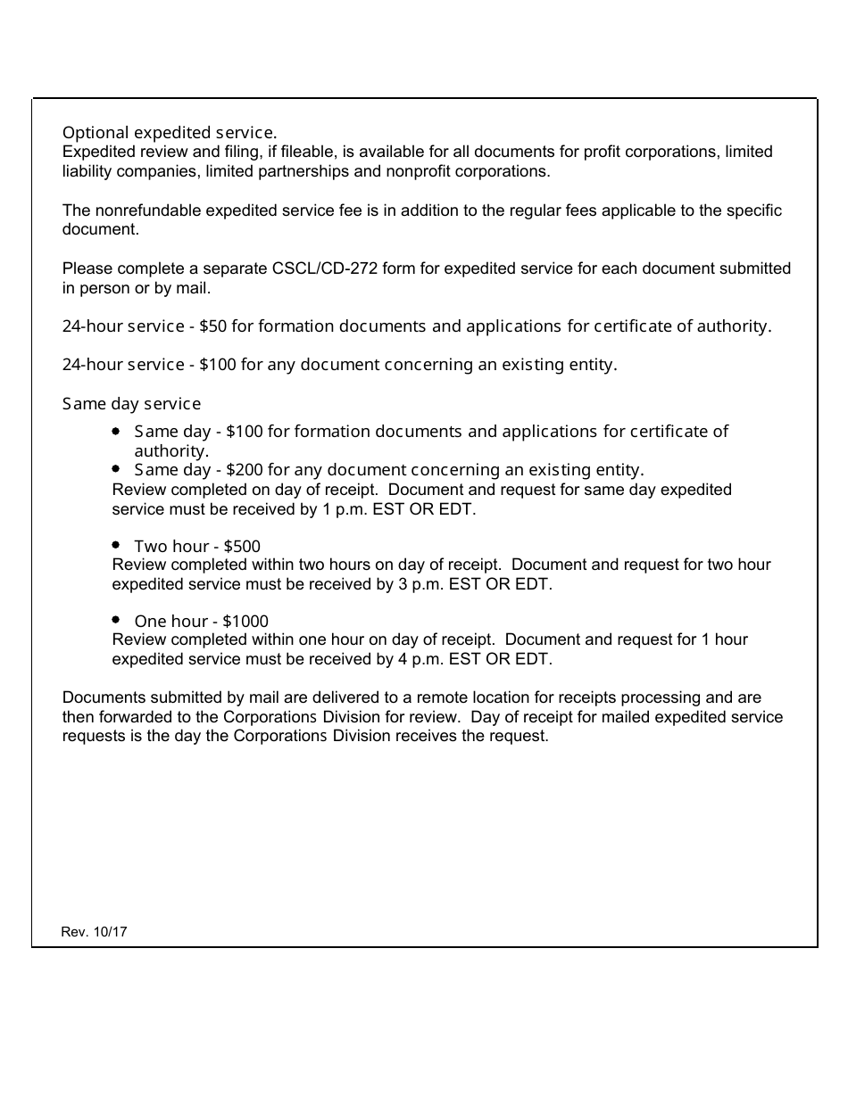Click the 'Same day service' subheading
tap(131, 404)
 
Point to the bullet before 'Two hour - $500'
tap(117, 544)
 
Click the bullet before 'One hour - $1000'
tap(117, 619)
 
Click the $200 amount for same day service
tap(244, 470)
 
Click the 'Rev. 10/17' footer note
tap(95, 932)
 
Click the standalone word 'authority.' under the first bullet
tap(171, 451)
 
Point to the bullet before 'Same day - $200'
tap(117, 468)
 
